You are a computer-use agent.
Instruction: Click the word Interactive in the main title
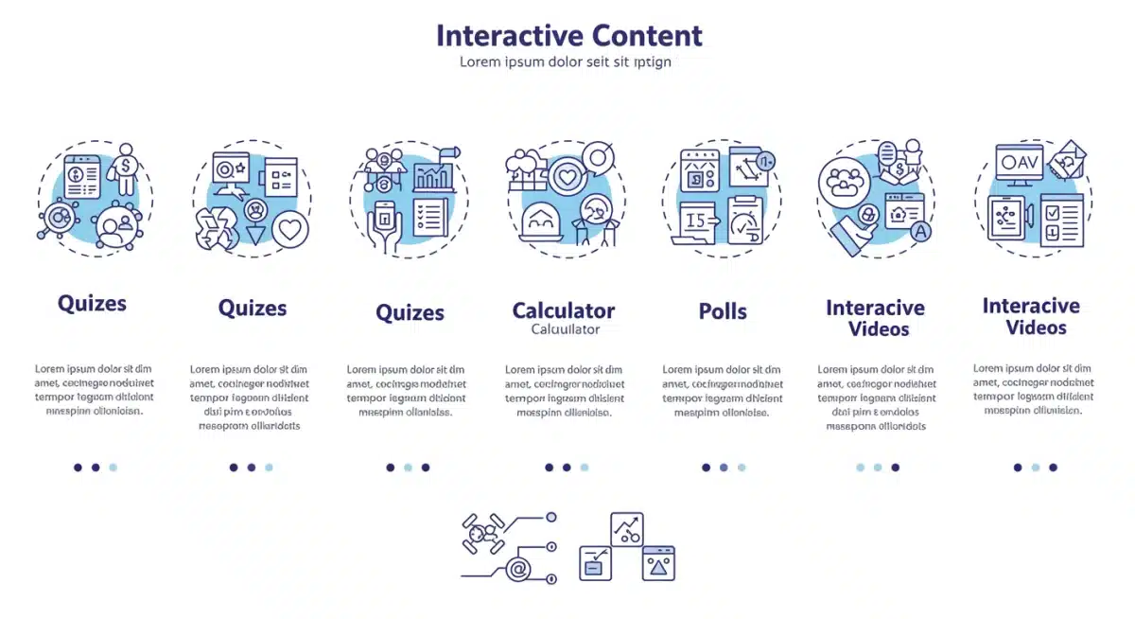[510, 36]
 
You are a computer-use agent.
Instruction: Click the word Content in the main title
[647, 36]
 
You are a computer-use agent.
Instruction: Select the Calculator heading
[564, 310]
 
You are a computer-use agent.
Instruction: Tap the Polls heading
[723, 311]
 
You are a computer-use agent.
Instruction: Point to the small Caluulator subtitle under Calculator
[565, 329]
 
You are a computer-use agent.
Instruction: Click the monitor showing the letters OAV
[1019, 164]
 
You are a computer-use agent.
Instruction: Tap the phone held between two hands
[384, 225]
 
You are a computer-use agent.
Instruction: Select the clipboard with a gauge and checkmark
[745, 221]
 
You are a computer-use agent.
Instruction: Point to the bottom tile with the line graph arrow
[626, 529]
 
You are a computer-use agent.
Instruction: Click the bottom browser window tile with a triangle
[658, 563]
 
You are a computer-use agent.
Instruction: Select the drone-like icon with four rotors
[483, 535]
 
